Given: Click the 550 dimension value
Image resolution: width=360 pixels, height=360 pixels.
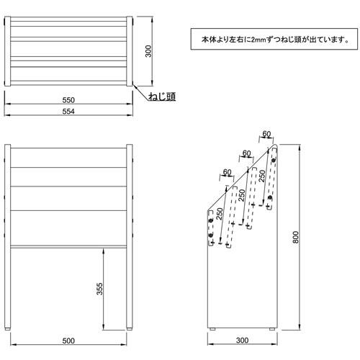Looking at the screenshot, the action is [x=68, y=100].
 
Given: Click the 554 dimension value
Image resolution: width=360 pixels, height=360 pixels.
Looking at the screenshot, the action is [x=68, y=112].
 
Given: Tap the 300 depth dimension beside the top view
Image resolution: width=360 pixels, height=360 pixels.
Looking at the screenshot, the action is [x=148, y=51].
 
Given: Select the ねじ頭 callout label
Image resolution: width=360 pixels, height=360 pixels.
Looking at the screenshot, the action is [x=162, y=96].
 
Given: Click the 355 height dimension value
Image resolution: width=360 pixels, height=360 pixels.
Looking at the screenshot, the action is [x=99, y=289].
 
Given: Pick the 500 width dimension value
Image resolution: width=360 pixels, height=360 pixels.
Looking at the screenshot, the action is [x=68, y=341].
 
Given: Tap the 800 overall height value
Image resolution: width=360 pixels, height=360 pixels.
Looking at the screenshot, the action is [x=296, y=237].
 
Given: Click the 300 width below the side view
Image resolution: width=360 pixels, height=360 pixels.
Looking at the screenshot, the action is [x=242, y=340].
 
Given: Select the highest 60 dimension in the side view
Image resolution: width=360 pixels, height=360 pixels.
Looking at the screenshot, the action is [x=266, y=134].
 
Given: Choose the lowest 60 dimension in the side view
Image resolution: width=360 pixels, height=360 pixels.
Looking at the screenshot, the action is [x=227, y=172].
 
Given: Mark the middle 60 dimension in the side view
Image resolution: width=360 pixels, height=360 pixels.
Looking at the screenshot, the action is [x=247, y=153].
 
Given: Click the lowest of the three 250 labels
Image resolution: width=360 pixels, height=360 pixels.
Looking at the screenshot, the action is [x=220, y=214].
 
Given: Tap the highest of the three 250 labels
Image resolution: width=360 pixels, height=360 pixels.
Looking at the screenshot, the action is [x=262, y=176].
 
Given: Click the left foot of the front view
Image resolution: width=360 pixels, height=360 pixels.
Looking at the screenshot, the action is [x=8, y=329].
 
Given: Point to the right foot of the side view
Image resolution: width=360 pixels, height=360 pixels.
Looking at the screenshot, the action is [x=272, y=329].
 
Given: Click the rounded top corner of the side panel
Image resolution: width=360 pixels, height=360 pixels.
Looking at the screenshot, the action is [x=275, y=145].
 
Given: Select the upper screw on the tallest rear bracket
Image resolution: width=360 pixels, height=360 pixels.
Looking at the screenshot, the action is [x=273, y=161].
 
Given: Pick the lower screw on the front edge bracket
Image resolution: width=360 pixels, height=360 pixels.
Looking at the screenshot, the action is [x=211, y=235].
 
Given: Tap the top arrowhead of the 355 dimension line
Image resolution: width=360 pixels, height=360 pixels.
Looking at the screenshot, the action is [x=104, y=251].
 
